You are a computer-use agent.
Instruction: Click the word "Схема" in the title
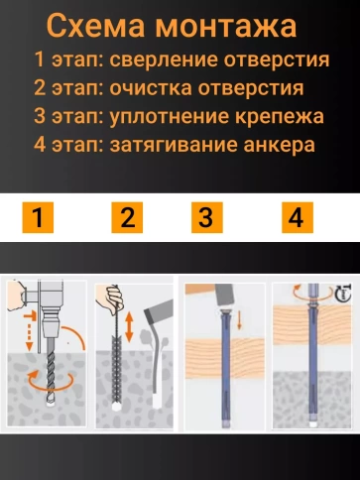(x=96, y=26)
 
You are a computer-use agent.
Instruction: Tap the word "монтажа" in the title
(x=226, y=26)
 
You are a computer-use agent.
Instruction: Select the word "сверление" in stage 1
(x=164, y=60)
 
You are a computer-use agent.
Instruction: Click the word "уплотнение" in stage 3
(x=170, y=117)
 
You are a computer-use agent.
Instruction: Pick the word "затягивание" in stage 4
(x=174, y=146)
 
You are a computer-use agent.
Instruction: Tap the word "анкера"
(x=280, y=146)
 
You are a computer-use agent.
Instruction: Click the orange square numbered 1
(x=38, y=217)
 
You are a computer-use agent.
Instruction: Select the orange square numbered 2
(x=127, y=217)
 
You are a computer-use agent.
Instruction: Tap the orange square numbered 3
(x=207, y=217)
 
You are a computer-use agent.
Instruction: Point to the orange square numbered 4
(x=298, y=217)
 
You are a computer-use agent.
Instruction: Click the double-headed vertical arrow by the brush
(x=129, y=327)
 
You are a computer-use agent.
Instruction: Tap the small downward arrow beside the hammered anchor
(x=239, y=319)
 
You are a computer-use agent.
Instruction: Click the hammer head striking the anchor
(x=224, y=295)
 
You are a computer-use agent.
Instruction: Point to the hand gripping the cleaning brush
(x=110, y=297)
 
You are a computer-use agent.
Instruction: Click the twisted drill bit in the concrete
(x=51, y=375)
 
